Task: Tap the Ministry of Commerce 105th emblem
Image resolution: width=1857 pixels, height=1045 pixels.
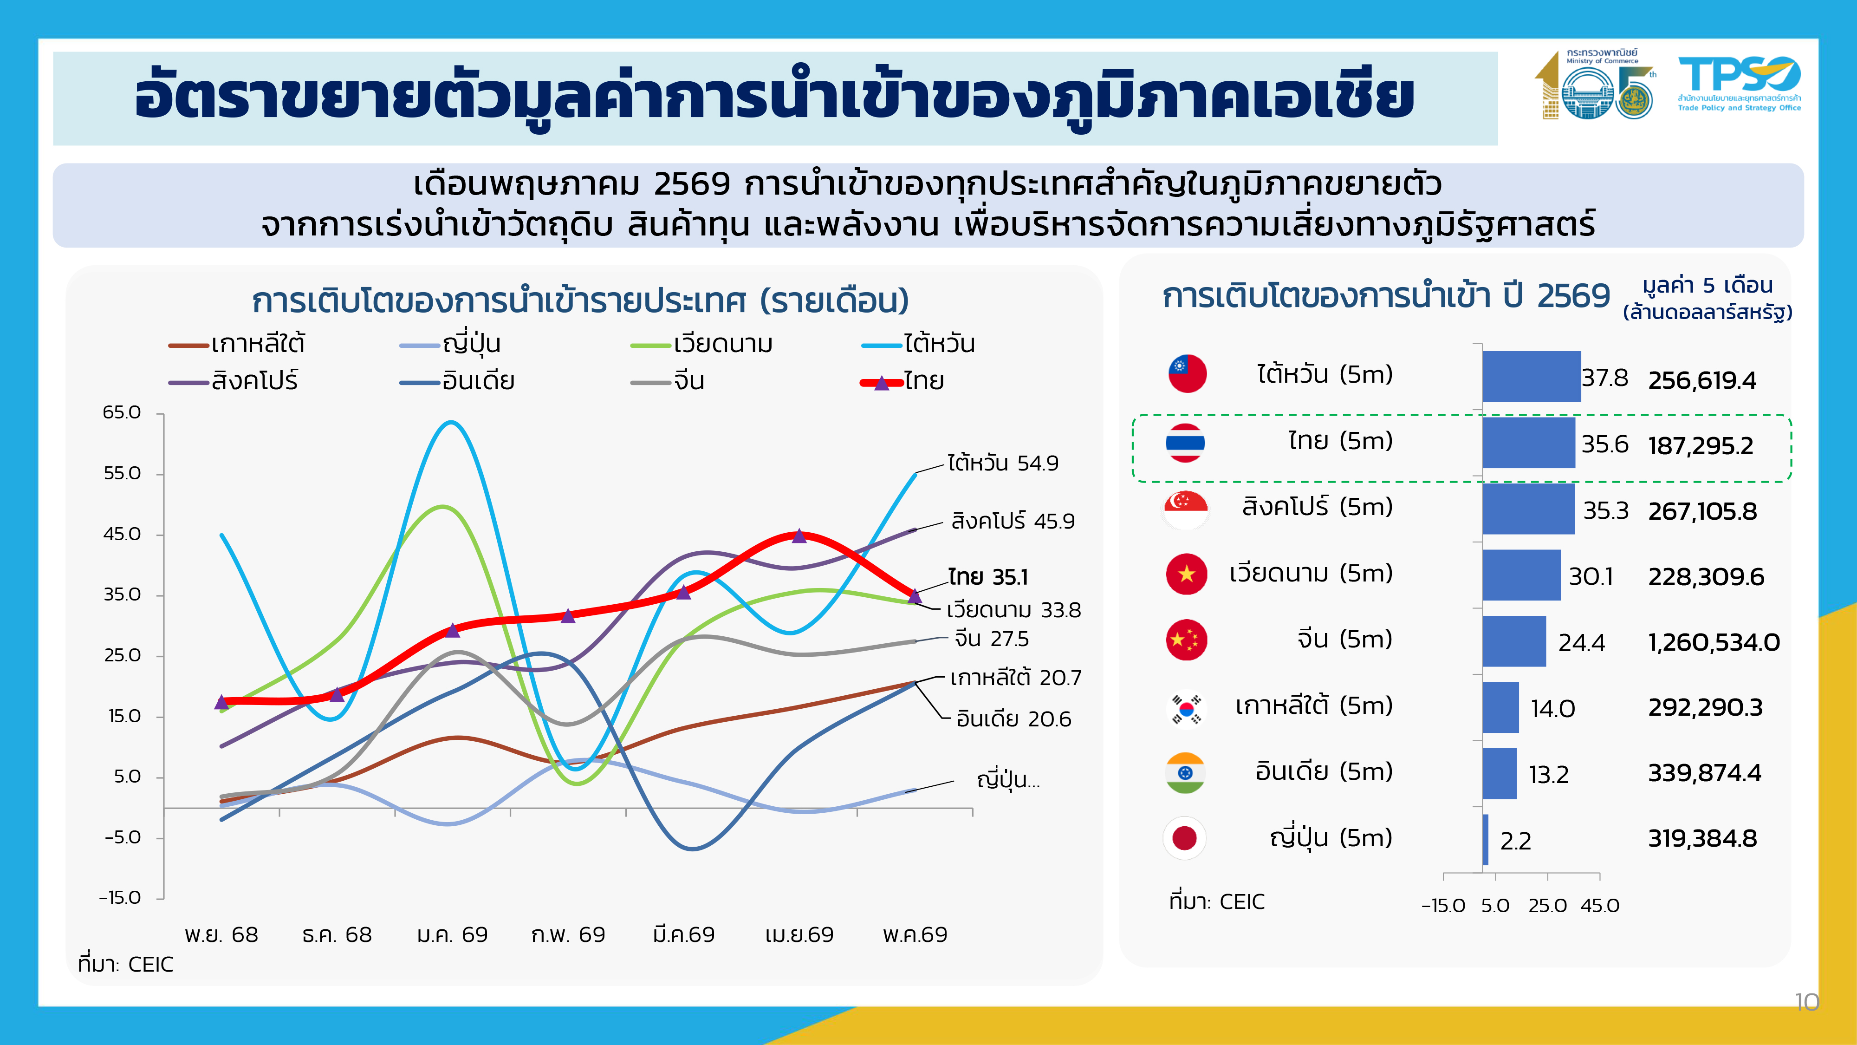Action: [x=1595, y=85]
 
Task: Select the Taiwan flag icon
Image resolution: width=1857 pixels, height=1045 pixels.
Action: [x=1187, y=373]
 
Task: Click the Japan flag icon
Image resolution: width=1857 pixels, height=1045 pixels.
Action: [x=1184, y=838]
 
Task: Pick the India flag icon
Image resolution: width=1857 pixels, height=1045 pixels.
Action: [x=1185, y=773]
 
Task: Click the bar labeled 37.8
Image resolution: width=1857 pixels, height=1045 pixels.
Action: [x=1531, y=377]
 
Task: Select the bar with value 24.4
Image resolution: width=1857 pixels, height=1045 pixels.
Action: [x=1514, y=641]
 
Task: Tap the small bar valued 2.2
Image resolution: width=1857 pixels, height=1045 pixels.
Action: [x=1486, y=839]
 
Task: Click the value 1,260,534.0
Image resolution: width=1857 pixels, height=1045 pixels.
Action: [x=1714, y=642]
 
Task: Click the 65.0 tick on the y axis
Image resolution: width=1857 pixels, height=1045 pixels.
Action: [x=122, y=412]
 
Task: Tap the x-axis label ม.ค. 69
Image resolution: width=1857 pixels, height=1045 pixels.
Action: [x=452, y=934]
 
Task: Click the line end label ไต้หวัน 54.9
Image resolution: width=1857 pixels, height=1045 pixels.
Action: [x=1003, y=463]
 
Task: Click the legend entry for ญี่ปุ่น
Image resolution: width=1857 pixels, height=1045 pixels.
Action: [x=450, y=344]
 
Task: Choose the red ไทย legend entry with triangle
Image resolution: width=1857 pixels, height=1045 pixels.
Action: [x=902, y=381]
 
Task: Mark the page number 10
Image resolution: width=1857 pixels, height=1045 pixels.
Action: [x=1806, y=1002]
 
